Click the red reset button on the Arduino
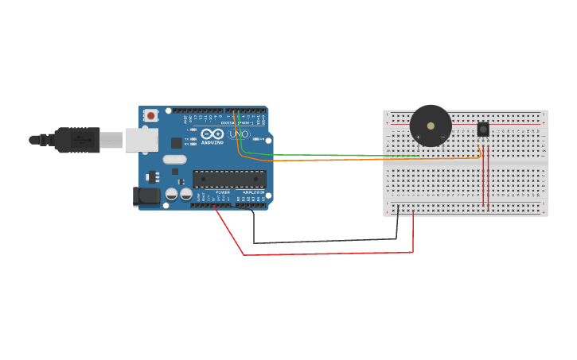point(150,116)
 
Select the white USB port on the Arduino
point(142,140)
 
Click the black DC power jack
point(146,196)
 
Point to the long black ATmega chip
point(229,179)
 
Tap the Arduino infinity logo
point(212,134)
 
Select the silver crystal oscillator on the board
point(175,159)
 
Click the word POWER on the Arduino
point(223,192)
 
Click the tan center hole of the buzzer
point(431,126)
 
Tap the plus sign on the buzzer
point(418,137)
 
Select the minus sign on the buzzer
point(443,137)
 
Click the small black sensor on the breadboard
point(483,129)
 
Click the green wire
point(318,154)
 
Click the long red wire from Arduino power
point(326,254)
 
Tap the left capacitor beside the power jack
point(171,194)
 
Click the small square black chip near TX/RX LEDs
point(176,143)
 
